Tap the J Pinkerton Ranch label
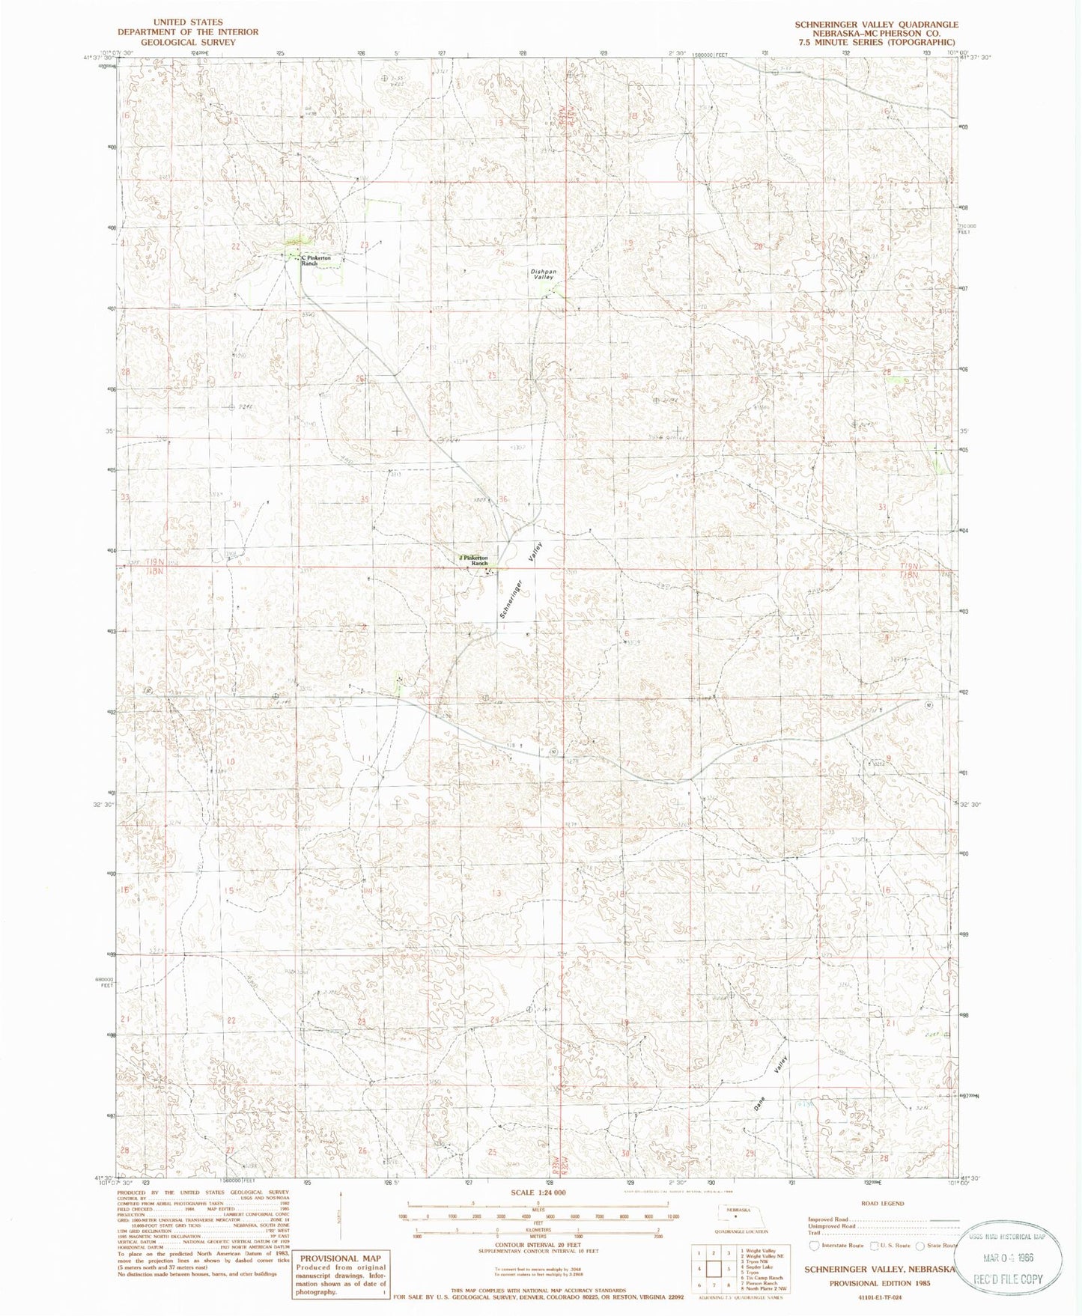[x=474, y=559]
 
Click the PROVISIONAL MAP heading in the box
[x=340, y=1258]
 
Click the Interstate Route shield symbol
[x=815, y=1246]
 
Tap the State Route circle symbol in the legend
[x=922, y=1246]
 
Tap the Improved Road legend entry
[x=830, y=1219]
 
